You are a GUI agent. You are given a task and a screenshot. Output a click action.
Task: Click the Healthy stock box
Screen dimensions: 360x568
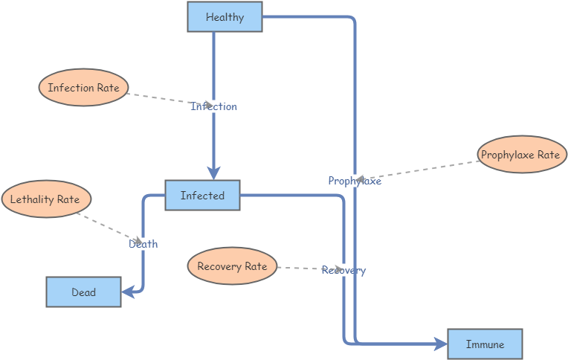click(225, 17)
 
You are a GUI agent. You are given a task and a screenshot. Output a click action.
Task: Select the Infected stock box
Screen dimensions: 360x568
click(202, 196)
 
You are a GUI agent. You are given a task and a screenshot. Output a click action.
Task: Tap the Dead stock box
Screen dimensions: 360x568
click(83, 292)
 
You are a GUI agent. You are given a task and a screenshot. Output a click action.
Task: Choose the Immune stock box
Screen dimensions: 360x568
click(485, 344)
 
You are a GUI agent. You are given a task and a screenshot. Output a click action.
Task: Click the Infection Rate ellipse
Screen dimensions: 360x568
click(83, 88)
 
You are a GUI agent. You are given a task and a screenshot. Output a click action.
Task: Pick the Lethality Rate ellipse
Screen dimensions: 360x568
click(46, 199)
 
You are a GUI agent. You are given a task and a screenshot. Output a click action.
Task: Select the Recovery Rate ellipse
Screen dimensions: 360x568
click(232, 266)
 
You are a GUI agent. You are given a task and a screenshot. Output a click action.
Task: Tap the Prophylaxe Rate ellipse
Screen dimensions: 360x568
click(522, 155)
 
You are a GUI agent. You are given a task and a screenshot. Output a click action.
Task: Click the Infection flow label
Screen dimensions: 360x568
click(213, 106)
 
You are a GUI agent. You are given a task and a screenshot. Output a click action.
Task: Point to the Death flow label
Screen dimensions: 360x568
click(143, 244)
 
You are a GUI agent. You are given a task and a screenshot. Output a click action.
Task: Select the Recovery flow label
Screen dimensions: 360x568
click(343, 270)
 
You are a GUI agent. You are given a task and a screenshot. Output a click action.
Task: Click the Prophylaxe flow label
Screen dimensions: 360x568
click(355, 181)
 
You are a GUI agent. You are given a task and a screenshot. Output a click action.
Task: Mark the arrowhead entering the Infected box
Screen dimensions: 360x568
click(214, 173)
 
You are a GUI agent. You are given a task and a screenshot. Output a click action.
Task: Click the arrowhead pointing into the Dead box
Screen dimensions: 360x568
click(127, 292)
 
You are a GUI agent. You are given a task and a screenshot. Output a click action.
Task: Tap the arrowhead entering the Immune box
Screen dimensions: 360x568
click(441, 344)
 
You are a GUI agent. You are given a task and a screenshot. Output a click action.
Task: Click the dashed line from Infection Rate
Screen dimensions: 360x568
click(160, 97)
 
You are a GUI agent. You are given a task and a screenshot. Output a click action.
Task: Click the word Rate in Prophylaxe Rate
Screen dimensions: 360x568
click(549, 155)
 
